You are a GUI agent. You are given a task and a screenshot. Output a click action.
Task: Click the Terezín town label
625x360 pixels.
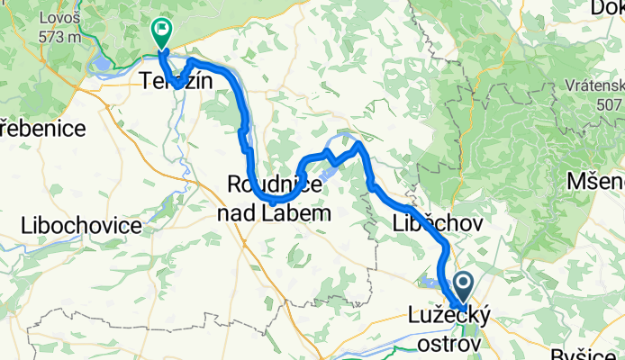177,81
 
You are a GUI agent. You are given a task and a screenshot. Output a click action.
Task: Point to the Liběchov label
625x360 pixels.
439,222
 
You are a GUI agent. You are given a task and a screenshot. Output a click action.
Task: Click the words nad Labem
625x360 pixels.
274,213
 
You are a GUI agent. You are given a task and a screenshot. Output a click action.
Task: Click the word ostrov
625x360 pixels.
447,344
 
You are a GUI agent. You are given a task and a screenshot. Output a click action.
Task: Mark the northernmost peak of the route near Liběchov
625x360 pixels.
358,143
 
